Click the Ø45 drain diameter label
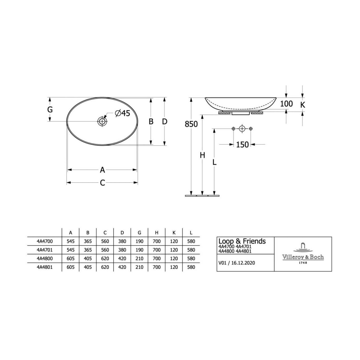123,113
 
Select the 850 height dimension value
191,124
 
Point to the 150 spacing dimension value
242,145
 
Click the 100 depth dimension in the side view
286,104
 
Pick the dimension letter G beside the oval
50,110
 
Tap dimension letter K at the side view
303,105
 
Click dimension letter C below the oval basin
102,183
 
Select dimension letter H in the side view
203,155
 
